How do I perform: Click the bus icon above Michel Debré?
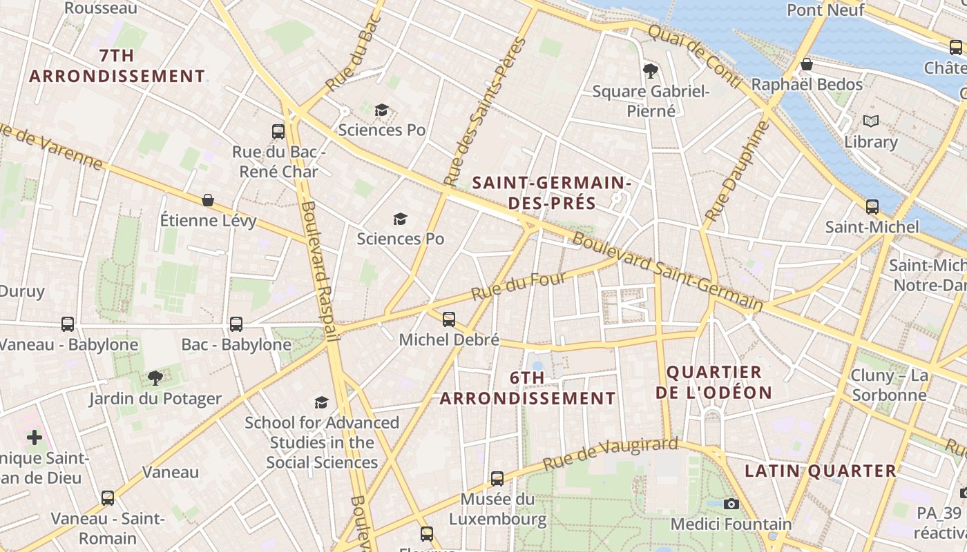coord(449,319)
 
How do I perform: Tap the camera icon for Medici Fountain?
coord(731,504)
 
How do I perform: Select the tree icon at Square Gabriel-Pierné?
coord(650,70)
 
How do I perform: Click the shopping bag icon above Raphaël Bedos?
coord(806,64)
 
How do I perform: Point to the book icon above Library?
coord(871,121)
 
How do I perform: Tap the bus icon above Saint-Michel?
coord(872,206)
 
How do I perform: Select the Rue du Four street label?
coord(519,286)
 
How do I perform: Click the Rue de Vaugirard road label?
coord(611,453)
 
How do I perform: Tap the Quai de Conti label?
coord(694,56)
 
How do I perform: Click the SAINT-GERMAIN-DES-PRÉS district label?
coord(551,193)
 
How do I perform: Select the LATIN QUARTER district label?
coord(820,471)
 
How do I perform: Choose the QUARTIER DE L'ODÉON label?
coord(714,382)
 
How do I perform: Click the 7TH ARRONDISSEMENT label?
coord(117,66)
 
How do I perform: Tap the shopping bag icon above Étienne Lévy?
coord(208,200)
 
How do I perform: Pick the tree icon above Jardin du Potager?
coord(155,377)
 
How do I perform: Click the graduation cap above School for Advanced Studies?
coord(321,402)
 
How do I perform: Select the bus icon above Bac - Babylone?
coord(236,324)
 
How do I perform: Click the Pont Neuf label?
coord(825,10)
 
